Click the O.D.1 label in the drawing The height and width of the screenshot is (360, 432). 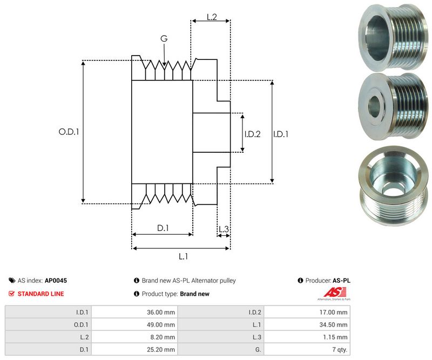click(69, 131)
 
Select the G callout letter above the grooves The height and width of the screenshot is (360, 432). click(164, 38)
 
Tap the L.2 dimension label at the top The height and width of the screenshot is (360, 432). click(211, 17)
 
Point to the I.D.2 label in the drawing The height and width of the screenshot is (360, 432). click(252, 134)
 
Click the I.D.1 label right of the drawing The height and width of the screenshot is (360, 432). click(281, 134)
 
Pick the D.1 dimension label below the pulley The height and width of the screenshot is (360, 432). click(163, 228)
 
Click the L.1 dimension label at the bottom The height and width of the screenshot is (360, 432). click(183, 256)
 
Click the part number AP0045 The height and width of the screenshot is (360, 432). click(56, 281)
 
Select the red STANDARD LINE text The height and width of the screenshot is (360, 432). click(40, 294)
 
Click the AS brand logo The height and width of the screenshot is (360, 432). click(333, 294)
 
